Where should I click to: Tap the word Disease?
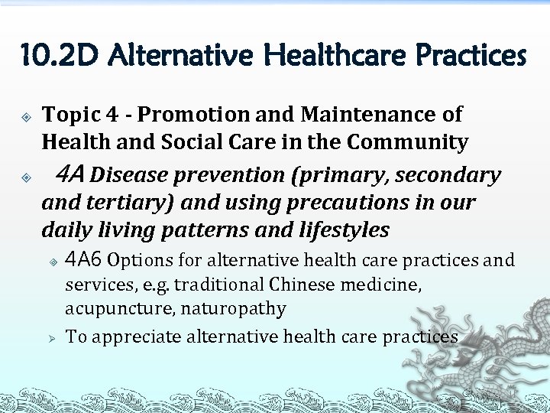tap(129, 175)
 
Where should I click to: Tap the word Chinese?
tap(303, 285)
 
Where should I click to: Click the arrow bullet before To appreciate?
tap(53, 337)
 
